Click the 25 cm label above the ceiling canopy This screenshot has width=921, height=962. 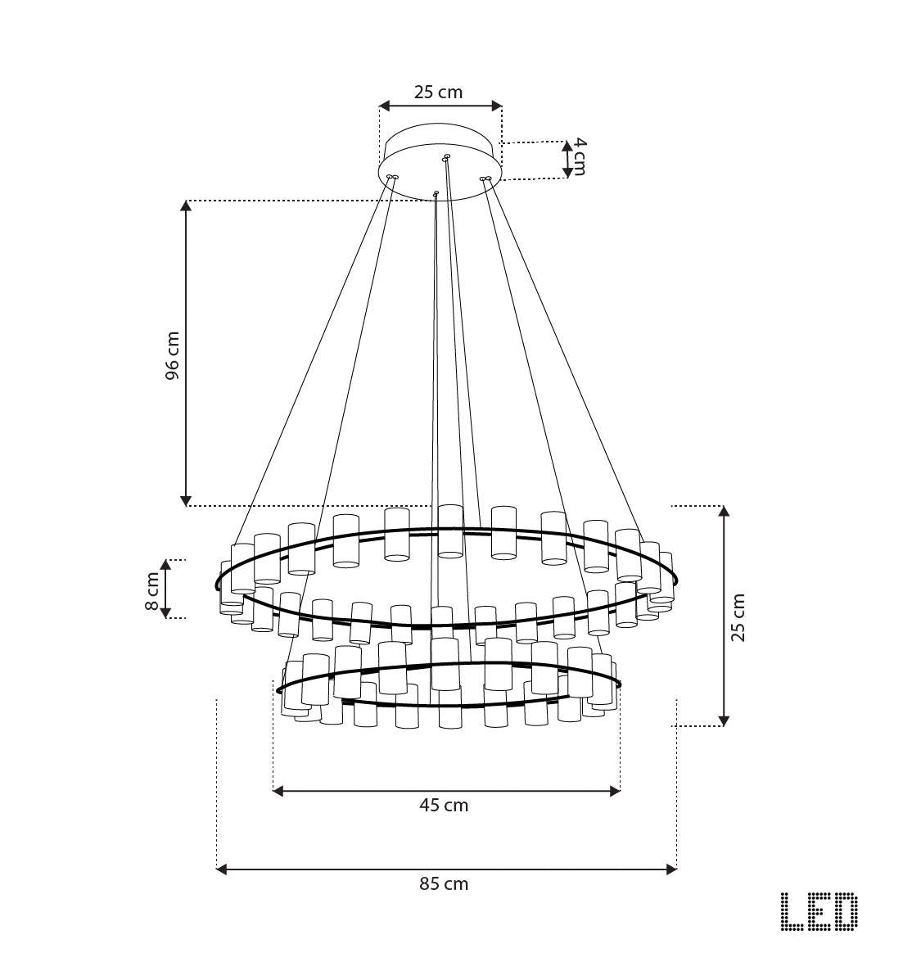pyautogui.click(x=438, y=92)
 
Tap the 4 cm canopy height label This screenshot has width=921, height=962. pyautogui.click(x=579, y=156)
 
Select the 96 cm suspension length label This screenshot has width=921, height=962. pyautogui.click(x=172, y=355)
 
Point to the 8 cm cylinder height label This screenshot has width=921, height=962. pyautogui.click(x=152, y=590)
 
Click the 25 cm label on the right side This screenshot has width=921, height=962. pyautogui.click(x=738, y=617)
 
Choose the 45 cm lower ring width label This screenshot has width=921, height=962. pyautogui.click(x=444, y=806)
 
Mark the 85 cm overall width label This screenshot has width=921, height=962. pyautogui.click(x=444, y=884)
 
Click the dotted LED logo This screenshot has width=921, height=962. pyautogui.click(x=819, y=911)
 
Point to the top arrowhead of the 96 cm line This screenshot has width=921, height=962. pyautogui.click(x=187, y=205)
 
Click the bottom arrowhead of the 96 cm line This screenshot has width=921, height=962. pyautogui.click(x=187, y=500)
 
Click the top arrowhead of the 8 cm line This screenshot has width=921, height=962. pyautogui.click(x=165, y=564)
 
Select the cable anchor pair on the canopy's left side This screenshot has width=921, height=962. pyautogui.click(x=392, y=176)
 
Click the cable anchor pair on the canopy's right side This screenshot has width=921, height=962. pyautogui.click(x=485, y=178)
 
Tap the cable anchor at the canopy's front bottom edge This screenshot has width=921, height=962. pyautogui.click(x=436, y=194)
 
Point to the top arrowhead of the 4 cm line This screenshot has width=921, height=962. pyautogui.click(x=567, y=146)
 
